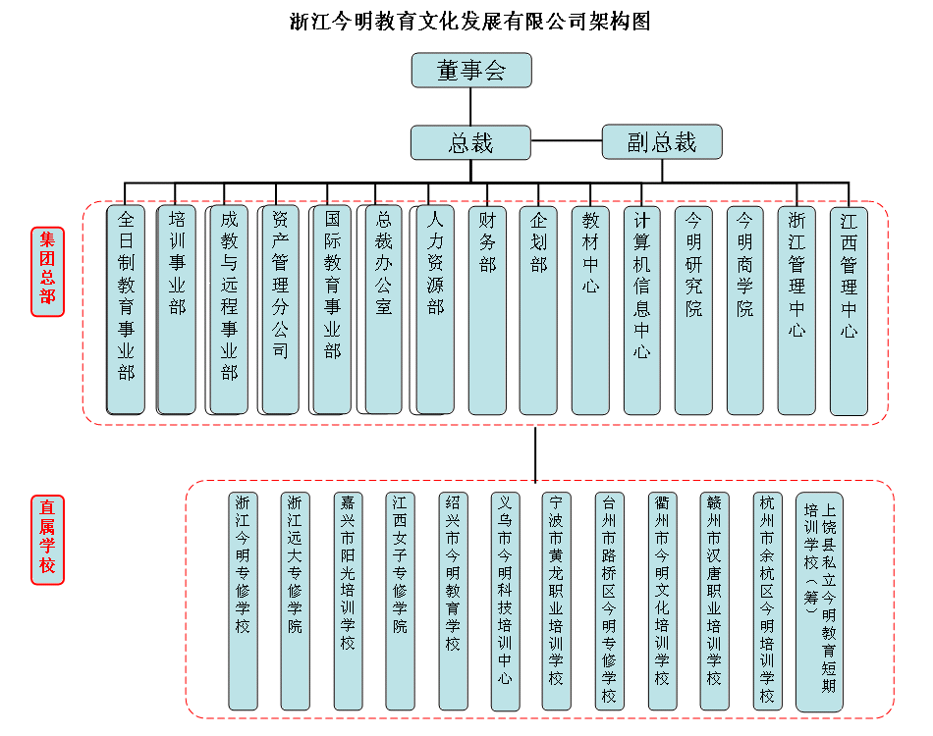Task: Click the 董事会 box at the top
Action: pyautogui.click(x=470, y=71)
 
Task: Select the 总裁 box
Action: pyautogui.click(x=470, y=142)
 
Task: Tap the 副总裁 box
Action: pyautogui.click(x=661, y=142)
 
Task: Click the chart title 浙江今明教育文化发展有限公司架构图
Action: pyautogui.click(x=470, y=21)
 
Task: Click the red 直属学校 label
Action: pyautogui.click(x=47, y=539)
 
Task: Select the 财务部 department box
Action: pyautogui.click(x=487, y=309)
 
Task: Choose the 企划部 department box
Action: pyautogui.click(x=538, y=309)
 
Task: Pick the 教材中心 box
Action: pyautogui.click(x=590, y=309)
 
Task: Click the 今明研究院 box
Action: pyautogui.click(x=693, y=309)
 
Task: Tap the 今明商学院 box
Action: pyautogui.click(x=744, y=309)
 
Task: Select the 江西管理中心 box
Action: pyautogui.click(x=849, y=309)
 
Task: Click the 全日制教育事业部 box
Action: pyautogui.click(x=126, y=309)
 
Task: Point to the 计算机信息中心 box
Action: pyautogui.click(x=641, y=309)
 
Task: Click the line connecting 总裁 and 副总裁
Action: pyautogui.click(x=567, y=142)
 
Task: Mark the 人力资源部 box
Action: pyautogui.click(x=435, y=309)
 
